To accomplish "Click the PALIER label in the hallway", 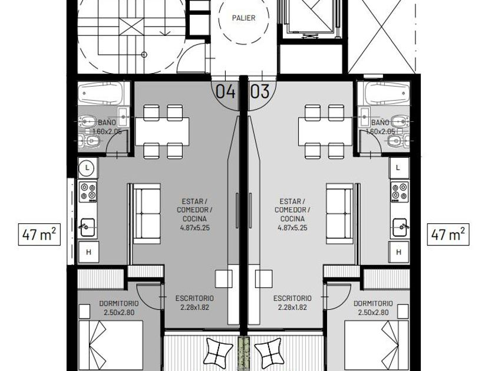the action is tap(243, 18).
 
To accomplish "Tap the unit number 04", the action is tap(225, 91).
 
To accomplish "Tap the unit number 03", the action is tap(260, 91).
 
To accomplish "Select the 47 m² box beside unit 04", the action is tap(39, 234).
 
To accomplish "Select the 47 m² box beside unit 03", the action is tap(448, 234).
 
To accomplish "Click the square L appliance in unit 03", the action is tap(398, 167).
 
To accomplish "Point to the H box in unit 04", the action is tap(88, 252).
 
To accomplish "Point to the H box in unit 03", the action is tap(399, 252).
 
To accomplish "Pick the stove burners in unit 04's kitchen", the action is tap(88, 191).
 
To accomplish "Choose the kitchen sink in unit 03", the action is tap(400, 227).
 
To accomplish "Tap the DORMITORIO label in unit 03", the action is tap(373, 303).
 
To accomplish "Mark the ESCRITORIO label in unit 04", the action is tap(194, 298).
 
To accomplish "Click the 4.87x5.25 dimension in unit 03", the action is tap(292, 228).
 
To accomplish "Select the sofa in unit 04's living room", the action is tap(147, 214).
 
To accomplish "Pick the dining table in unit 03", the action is tap(325, 131).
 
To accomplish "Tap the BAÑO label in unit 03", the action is tap(380, 122).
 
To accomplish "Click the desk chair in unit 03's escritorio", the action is tap(263, 279).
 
